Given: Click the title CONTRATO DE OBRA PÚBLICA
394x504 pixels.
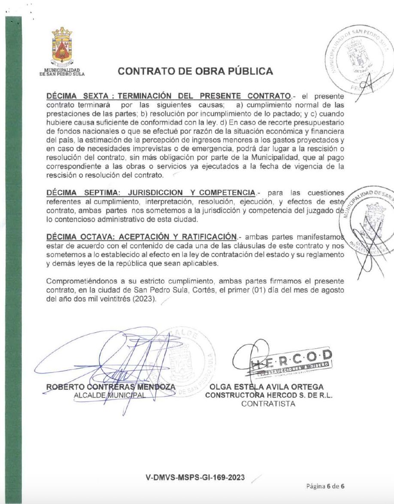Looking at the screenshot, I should pyautogui.click(x=195, y=71).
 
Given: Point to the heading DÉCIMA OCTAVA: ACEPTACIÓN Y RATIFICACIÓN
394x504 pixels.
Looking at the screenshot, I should pyautogui.click(x=141, y=237).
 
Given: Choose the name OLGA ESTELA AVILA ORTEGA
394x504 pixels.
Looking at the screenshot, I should pyautogui.click(x=266, y=387).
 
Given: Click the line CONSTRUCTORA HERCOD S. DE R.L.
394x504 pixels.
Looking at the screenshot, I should pyautogui.click(x=269, y=395).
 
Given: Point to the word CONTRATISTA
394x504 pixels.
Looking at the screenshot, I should pyautogui.click(x=269, y=404).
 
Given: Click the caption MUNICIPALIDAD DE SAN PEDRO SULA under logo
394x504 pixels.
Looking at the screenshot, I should pyautogui.click(x=62, y=72).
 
